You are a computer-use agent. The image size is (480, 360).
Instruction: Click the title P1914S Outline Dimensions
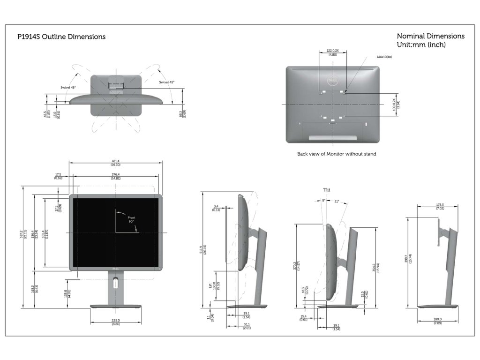click(61, 37)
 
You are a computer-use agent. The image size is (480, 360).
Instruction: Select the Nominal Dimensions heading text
click(430, 36)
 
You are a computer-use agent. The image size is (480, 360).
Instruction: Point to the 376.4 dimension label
click(115, 175)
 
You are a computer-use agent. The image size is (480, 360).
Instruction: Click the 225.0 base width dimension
click(115, 321)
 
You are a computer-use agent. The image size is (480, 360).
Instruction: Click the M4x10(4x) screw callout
click(384, 57)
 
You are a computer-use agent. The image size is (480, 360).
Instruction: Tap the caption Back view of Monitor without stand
click(337, 154)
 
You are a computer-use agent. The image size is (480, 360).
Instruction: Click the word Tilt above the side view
click(326, 190)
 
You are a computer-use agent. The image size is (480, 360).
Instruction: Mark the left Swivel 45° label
click(68, 88)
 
